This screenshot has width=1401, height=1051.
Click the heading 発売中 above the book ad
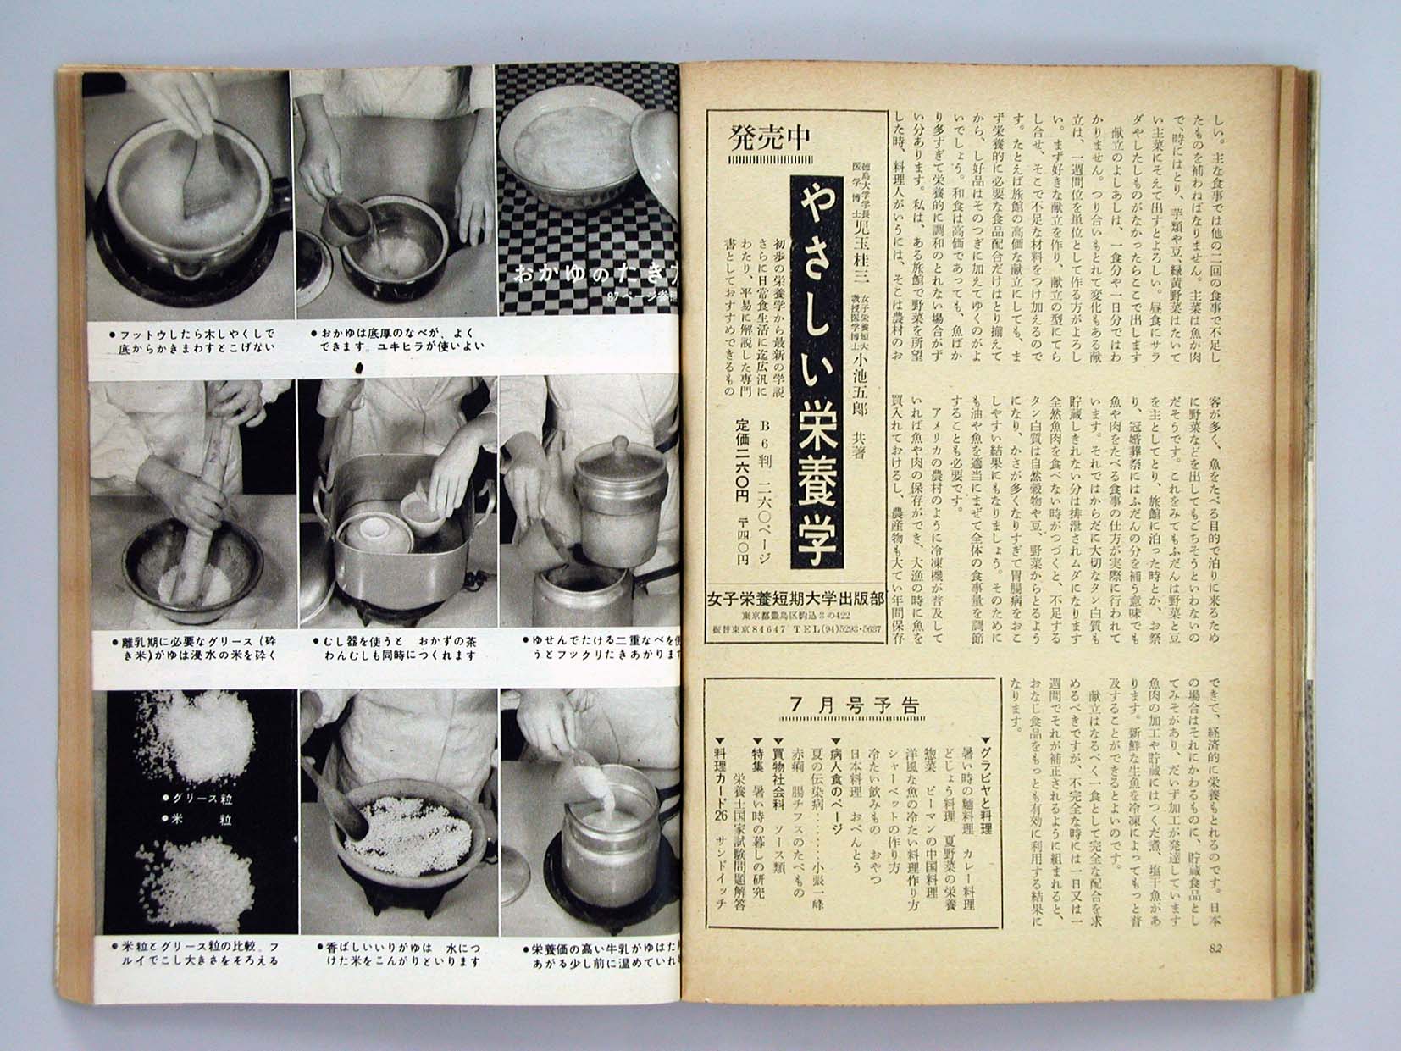[769, 136]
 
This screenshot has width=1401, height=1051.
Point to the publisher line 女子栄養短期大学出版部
[795, 599]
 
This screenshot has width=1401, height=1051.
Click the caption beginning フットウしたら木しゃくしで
[191, 340]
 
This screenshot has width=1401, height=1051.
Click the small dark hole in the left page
[362, 368]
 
